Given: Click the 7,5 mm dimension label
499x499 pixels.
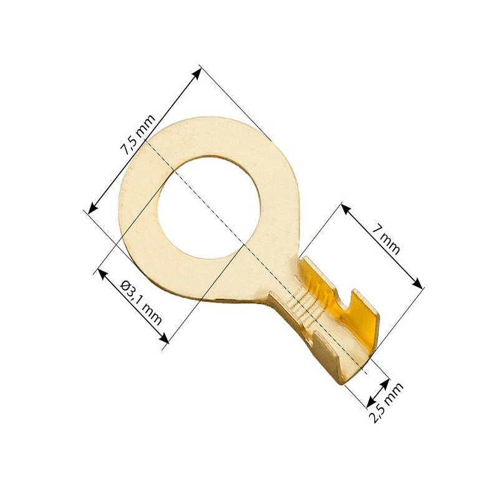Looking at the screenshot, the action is pyautogui.click(x=137, y=135).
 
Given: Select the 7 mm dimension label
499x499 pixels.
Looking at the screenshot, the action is pyautogui.click(x=385, y=240).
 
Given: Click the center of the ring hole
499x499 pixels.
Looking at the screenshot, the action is pyautogui.click(x=209, y=206).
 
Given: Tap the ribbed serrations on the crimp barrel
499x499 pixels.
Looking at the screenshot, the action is pyautogui.click(x=303, y=306).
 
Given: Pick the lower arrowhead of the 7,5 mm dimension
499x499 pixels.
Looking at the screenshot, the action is pyautogui.click(x=92, y=208).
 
